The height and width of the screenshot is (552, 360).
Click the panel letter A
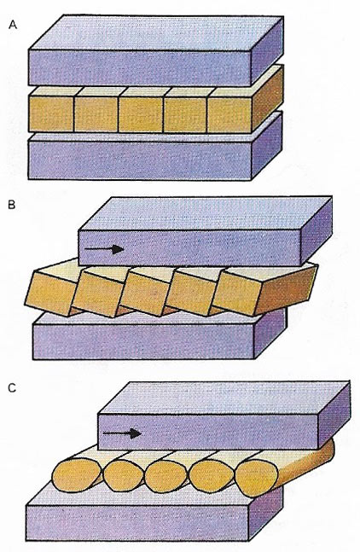13,25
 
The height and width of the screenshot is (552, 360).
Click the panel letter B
12,205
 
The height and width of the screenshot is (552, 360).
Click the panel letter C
12,388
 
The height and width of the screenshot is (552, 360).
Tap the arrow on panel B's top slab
104,249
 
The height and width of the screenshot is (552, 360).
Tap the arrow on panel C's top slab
122,433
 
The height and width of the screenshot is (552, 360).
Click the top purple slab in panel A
156,50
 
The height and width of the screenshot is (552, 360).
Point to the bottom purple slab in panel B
159,336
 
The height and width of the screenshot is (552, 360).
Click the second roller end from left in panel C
123,475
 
